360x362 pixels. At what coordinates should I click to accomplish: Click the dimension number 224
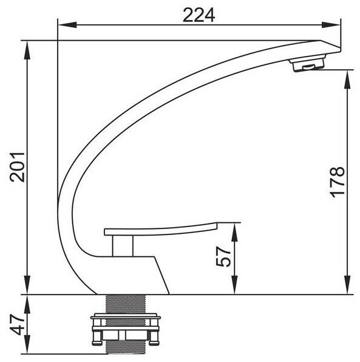pos(199,15)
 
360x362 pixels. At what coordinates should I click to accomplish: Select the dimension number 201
pos(17,167)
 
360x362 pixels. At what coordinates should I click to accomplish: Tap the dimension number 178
pos(338,182)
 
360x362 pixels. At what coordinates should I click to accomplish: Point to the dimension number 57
pos(223,257)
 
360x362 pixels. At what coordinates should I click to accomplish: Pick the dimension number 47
pos(18,324)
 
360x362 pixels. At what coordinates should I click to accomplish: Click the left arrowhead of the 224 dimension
pos(67,25)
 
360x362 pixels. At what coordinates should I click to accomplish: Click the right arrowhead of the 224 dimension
pos(331,25)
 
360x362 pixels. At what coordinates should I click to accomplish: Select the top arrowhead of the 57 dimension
pos(234,232)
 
